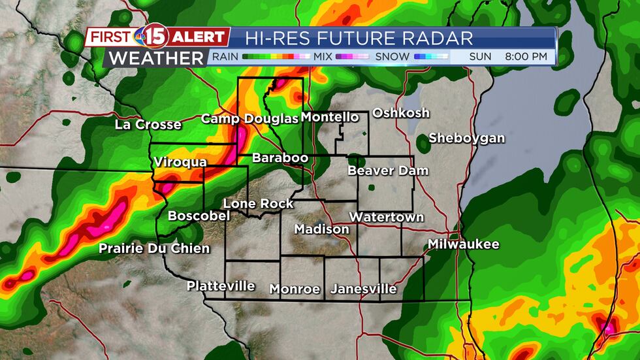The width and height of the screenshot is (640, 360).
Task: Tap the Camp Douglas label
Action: tap(249, 118)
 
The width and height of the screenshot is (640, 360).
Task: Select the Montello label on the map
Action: tap(330, 117)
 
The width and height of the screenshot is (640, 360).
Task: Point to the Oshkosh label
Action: tap(401, 112)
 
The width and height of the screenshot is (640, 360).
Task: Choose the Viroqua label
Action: tap(180, 161)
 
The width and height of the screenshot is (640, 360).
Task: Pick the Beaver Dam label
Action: tap(388, 171)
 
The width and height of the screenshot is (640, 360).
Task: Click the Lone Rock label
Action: tap(259, 204)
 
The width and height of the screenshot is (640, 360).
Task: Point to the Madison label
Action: tap(322, 229)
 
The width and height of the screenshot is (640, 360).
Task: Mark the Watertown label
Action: tap(387, 217)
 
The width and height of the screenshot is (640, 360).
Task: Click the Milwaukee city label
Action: tap(464, 244)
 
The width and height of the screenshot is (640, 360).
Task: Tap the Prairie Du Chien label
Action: tap(154, 248)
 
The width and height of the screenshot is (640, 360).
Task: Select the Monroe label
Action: tap(295, 289)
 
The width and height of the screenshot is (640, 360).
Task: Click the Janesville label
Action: tap(364, 288)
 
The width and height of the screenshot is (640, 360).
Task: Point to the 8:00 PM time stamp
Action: tap(526, 57)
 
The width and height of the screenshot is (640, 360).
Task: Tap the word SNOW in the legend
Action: tap(392, 57)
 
